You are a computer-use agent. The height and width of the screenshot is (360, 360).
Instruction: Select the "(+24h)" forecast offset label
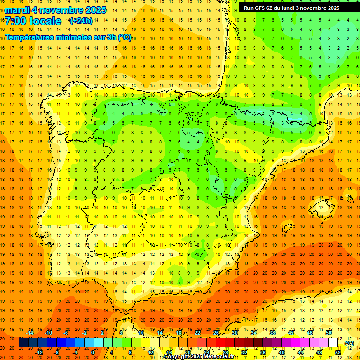(x=81, y=21)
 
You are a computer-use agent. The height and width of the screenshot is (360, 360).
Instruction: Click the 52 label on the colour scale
(x=338, y=352)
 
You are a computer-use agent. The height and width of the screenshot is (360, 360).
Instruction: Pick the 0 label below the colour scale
(x=92, y=352)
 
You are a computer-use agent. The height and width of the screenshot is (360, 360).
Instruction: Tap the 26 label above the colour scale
(x=216, y=333)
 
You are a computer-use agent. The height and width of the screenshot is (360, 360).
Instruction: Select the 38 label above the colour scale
(x=272, y=333)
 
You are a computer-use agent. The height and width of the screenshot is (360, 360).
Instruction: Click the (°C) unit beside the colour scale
(x=349, y=343)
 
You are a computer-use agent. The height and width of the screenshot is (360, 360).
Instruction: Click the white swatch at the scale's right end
(x=333, y=343)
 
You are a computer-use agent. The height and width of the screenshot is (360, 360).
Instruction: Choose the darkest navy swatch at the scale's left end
(x=23, y=343)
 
